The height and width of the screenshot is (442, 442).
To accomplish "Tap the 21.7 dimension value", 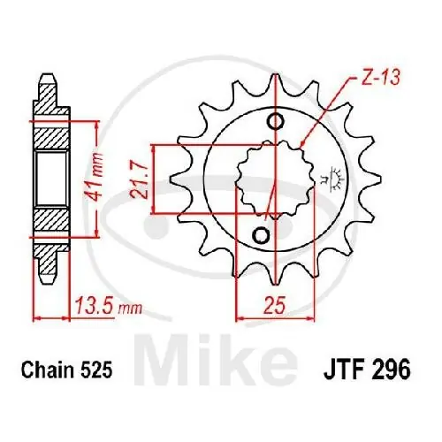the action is (x=140, y=179).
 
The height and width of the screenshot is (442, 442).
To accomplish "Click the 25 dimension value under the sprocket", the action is (x=275, y=306).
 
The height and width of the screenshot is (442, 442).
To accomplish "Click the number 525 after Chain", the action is (x=95, y=370).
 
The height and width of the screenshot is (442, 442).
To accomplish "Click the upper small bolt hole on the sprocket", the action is (x=276, y=120).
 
